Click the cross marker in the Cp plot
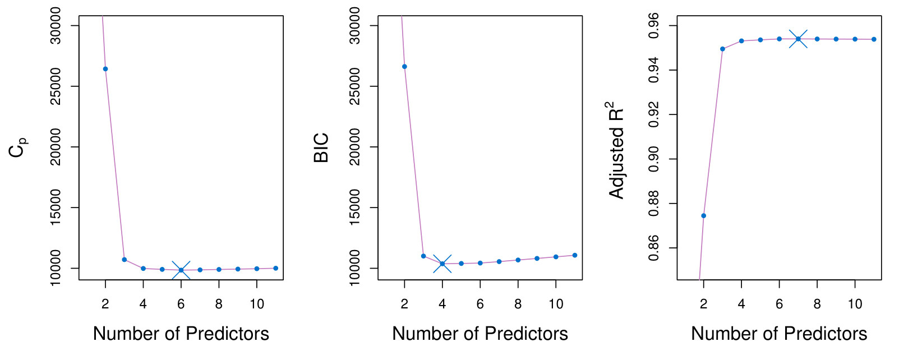pos(181,270)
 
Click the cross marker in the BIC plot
pos(442,264)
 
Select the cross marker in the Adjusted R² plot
pos(798,39)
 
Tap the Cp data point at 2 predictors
pos(105,69)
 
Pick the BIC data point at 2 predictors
pos(404,67)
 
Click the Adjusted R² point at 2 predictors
pos(703,216)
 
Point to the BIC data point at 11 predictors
pos(575,255)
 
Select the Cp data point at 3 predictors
pos(124,260)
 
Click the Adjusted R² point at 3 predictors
pos(722,49)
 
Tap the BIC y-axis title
pos(321,148)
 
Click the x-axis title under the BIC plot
pos(480,334)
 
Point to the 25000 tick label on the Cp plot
pos(57,86)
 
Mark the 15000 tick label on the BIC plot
pos(356,207)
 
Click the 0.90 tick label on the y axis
pos(654,159)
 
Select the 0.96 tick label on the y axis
pos(654,26)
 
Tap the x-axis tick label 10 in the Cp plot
pos(256,304)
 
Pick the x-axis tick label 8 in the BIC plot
pos(518,304)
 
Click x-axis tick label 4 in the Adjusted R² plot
pos(741,304)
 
